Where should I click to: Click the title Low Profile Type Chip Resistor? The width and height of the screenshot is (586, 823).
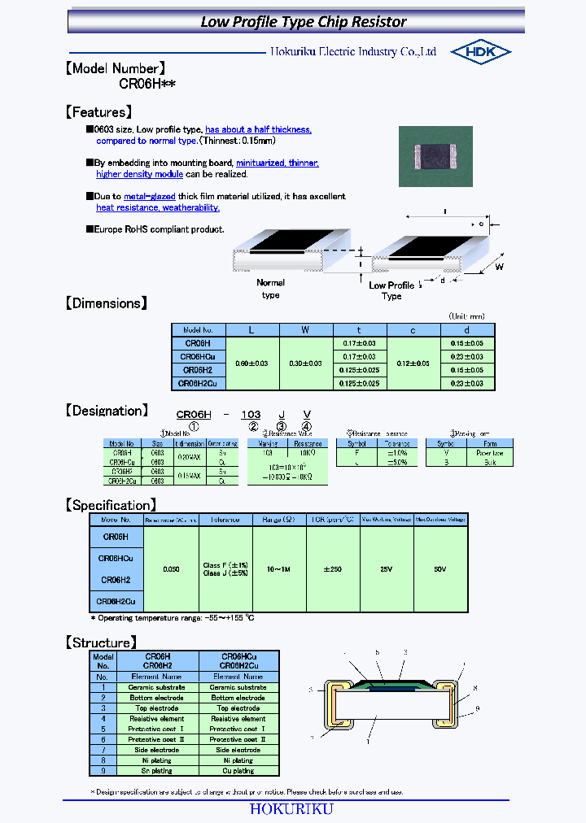[x=304, y=22]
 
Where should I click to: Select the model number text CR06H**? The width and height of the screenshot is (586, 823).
[x=147, y=85]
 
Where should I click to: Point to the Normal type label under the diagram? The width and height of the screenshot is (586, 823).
[x=270, y=289]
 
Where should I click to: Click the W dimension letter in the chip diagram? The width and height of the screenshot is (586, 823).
[x=500, y=267]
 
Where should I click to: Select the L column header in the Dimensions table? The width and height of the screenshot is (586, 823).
[x=252, y=330]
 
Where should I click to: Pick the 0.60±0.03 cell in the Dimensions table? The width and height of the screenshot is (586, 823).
[x=252, y=363]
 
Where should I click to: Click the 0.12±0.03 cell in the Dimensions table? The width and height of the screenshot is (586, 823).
[x=413, y=363]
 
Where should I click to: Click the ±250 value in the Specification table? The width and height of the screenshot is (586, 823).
[x=333, y=569]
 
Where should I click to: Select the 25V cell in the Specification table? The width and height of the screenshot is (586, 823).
[x=387, y=569]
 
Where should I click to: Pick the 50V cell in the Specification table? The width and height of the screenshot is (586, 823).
[x=440, y=569]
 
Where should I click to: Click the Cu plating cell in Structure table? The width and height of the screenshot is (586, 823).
[x=238, y=770]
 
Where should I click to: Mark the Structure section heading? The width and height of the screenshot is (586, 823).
[x=101, y=642]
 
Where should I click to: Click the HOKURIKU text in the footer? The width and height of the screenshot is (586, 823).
[x=291, y=809]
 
